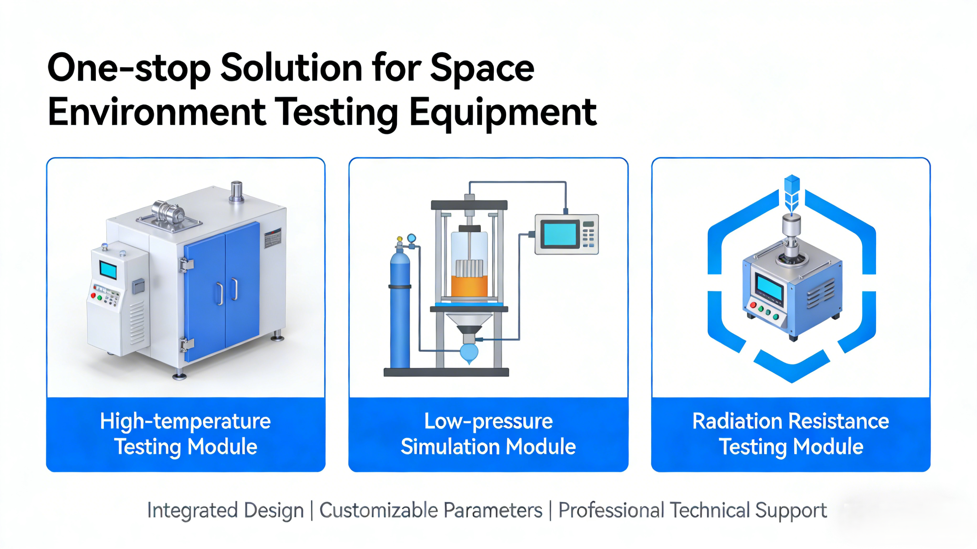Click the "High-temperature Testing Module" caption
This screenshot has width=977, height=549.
(x=185, y=434)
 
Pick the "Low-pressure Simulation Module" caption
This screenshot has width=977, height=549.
(x=488, y=434)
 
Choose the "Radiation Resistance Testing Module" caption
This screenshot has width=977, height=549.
(x=791, y=434)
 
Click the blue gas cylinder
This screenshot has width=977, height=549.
(x=400, y=307)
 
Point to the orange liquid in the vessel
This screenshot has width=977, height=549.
(x=469, y=286)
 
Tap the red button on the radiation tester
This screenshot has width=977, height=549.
(x=753, y=305)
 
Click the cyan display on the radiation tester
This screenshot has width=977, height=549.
(x=769, y=288)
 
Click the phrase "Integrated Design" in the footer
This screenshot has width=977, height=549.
(x=225, y=510)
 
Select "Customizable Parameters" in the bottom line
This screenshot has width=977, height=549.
(x=431, y=510)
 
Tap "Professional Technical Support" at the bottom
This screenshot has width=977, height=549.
(x=692, y=510)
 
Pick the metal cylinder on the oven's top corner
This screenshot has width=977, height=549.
(x=237, y=191)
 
